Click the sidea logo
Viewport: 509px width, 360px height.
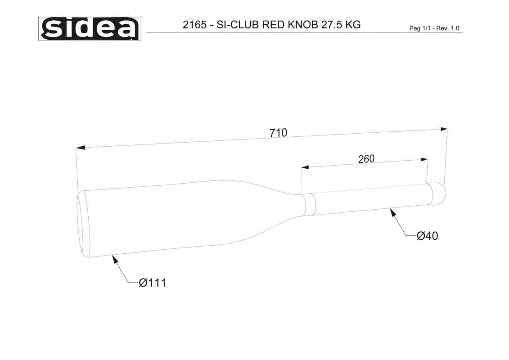tap(90, 28)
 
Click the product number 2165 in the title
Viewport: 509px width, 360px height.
tap(194, 25)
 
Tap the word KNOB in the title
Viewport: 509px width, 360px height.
tap(302, 25)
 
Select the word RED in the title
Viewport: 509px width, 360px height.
tap(272, 25)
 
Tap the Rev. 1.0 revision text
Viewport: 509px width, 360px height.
tap(448, 28)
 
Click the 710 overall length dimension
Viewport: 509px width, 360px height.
tap(278, 133)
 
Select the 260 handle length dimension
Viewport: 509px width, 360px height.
tap(366, 159)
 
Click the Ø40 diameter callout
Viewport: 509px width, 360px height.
tap(427, 236)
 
